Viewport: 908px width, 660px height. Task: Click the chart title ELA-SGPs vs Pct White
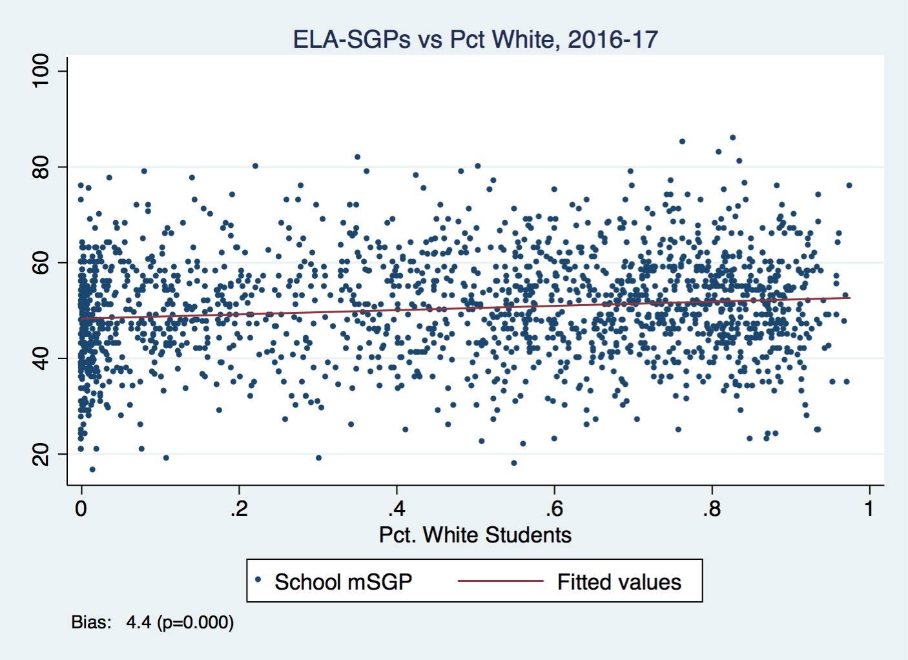tap(475, 39)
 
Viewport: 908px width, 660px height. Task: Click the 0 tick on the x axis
tap(81, 509)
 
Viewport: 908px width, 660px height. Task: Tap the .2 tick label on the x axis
tap(238, 509)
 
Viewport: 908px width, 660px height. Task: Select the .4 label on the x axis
tap(397, 509)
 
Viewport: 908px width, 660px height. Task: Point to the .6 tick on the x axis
tap(554, 509)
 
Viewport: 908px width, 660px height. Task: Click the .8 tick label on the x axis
tap(712, 509)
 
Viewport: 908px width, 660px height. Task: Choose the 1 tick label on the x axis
tap(869, 509)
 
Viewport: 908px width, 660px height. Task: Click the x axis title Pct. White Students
tap(475, 535)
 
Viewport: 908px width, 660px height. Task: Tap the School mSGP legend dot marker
tap(258, 580)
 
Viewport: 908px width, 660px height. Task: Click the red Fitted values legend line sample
tap(500, 581)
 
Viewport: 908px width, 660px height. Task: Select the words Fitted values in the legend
tap(619, 583)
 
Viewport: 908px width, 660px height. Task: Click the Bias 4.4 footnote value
tap(138, 623)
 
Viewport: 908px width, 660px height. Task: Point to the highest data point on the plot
tap(732, 138)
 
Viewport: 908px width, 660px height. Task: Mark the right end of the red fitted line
tap(850, 298)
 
